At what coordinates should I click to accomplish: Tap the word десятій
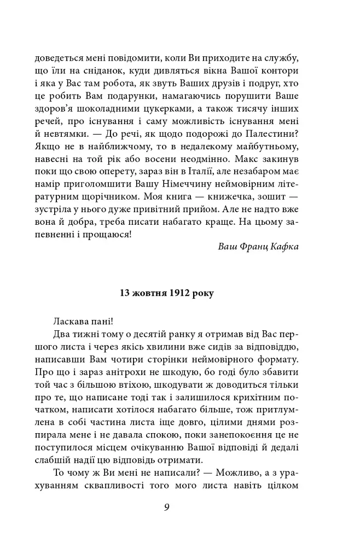click(158, 334)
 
